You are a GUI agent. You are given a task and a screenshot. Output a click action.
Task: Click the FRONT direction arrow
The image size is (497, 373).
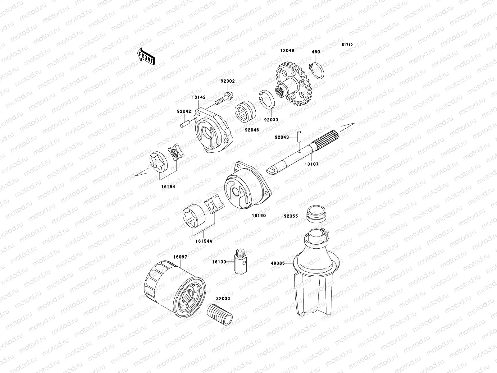(150, 56)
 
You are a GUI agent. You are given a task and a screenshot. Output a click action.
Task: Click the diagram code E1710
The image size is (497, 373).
(347, 45)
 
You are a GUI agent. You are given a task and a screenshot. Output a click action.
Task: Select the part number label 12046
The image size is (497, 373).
(287, 50)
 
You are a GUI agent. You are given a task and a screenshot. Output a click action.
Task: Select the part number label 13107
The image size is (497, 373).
(312, 163)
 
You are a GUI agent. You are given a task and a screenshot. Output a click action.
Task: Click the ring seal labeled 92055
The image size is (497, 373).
(316, 213)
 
